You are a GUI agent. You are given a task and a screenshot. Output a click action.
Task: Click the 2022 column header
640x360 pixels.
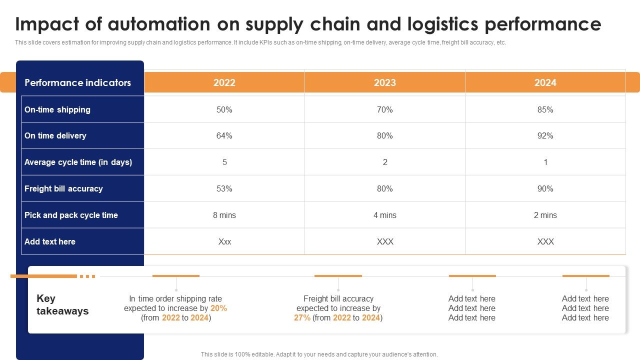click(224, 82)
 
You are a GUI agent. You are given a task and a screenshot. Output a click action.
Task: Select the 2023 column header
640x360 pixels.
click(384, 82)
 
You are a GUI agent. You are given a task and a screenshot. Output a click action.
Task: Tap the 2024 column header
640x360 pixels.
click(545, 82)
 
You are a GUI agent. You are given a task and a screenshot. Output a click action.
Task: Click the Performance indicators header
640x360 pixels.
click(77, 82)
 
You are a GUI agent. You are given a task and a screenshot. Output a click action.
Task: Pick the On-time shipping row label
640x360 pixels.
click(57, 109)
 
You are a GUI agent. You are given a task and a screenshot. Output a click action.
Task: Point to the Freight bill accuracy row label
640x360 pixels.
click(63, 188)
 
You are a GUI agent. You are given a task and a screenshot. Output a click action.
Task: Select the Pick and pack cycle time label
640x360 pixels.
click(71, 215)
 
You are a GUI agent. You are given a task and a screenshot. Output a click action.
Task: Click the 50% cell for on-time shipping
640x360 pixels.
click(224, 109)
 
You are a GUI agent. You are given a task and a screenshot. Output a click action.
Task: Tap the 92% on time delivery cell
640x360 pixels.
click(545, 135)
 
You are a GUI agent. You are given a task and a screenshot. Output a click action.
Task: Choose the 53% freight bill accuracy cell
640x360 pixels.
click(224, 188)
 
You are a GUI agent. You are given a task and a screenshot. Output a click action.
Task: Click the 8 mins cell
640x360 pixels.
click(224, 215)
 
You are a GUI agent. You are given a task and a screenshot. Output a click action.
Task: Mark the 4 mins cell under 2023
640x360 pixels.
click(384, 215)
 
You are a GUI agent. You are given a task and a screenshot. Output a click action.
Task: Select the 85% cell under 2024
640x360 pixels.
click(545, 109)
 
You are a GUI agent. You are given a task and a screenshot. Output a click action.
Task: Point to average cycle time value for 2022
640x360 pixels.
click(224, 162)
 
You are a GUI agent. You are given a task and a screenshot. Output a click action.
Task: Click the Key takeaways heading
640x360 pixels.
click(62, 304)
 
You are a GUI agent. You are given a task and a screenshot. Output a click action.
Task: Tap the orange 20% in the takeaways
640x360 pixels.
click(218, 308)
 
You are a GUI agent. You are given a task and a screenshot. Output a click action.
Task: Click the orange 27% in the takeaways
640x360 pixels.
click(302, 317)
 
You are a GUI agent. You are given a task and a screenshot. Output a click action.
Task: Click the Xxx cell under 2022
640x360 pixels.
click(224, 241)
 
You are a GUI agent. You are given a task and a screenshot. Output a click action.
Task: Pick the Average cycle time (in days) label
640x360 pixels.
click(78, 162)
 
